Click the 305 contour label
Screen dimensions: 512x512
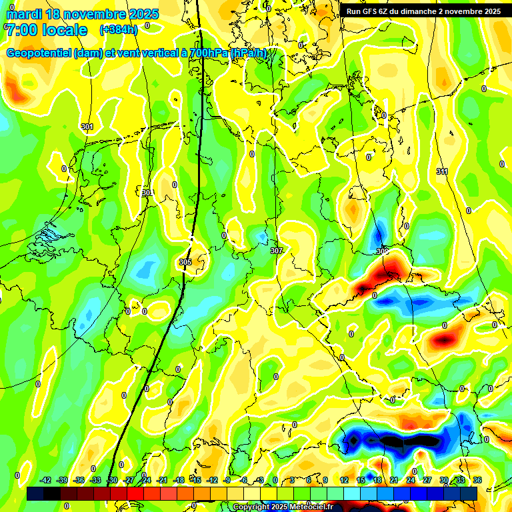pyautogui.click(x=185, y=262)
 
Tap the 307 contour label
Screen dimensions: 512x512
pyautogui.click(x=277, y=251)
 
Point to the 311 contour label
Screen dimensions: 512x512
pyautogui.click(x=442, y=171)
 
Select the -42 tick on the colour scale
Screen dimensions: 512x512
pyautogui.click(x=46, y=480)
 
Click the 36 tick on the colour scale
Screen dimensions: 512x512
pyautogui.click(x=477, y=480)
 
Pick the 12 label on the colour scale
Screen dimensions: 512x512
pyautogui.click(x=344, y=480)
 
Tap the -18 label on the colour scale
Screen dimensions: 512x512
pyautogui.click(x=179, y=480)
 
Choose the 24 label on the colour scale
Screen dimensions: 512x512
pyautogui.click(x=411, y=480)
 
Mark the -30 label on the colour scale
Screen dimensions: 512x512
pyautogui.click(x=113, y=480)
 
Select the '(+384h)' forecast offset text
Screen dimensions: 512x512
pyautogui.click(x=119, y=29)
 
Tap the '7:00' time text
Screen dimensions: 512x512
pyautogui.click(x=21, y=30)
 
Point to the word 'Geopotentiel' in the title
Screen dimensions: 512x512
pyautogui.click(x=39, y=53)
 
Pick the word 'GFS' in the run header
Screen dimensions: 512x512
pyautogui.click(x=371, y=11)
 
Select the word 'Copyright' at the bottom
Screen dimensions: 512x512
pyautogui.click(x=252, y=507)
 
